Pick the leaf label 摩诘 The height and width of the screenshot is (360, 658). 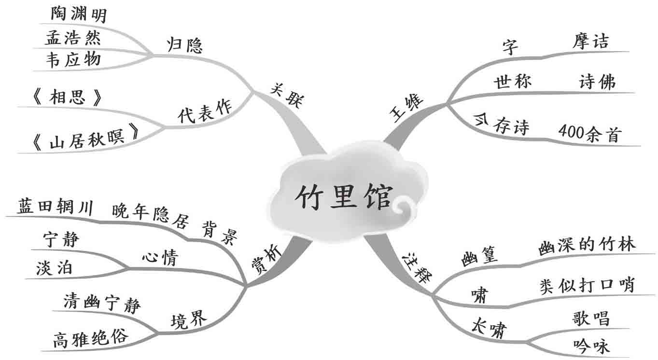[x=590, y=42]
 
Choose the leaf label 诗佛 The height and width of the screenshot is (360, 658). [x=597, y=83]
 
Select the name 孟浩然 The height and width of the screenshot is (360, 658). [x=73, y=38]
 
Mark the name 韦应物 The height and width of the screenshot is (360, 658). [x=73, y=59]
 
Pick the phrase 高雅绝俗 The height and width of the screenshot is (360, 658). [x=90, y=339]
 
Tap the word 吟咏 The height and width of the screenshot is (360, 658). [x=591, y=346]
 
